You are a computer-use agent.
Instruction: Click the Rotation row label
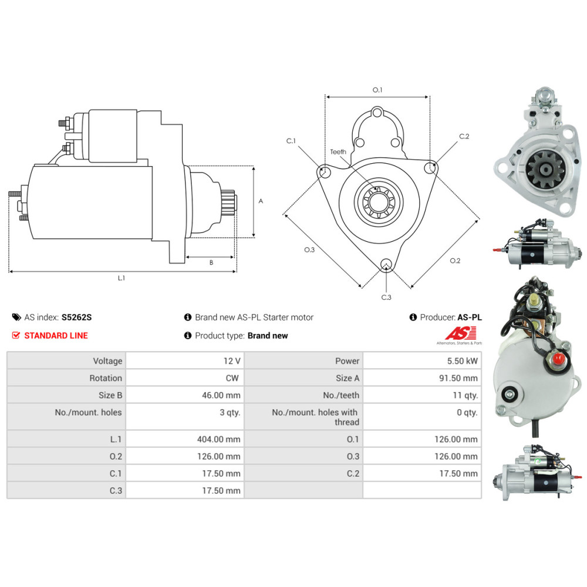click(x=106, y=378)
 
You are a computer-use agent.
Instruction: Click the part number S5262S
click(x=77, y=318)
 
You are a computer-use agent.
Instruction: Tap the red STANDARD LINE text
click(x=56, y=336)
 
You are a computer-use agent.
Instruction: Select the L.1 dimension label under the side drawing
click(x=122, y=278)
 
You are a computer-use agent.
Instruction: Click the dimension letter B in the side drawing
click(x=211, y=262)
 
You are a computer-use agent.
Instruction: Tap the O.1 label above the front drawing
click(x=377, y=90)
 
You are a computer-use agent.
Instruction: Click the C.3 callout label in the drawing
click(x=386, y=298)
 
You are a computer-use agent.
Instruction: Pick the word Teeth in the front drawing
click(x=338, y=151)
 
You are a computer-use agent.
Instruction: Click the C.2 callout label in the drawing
click(x=464, y=136)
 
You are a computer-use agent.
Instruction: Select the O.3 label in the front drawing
click(x=309, y=250)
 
